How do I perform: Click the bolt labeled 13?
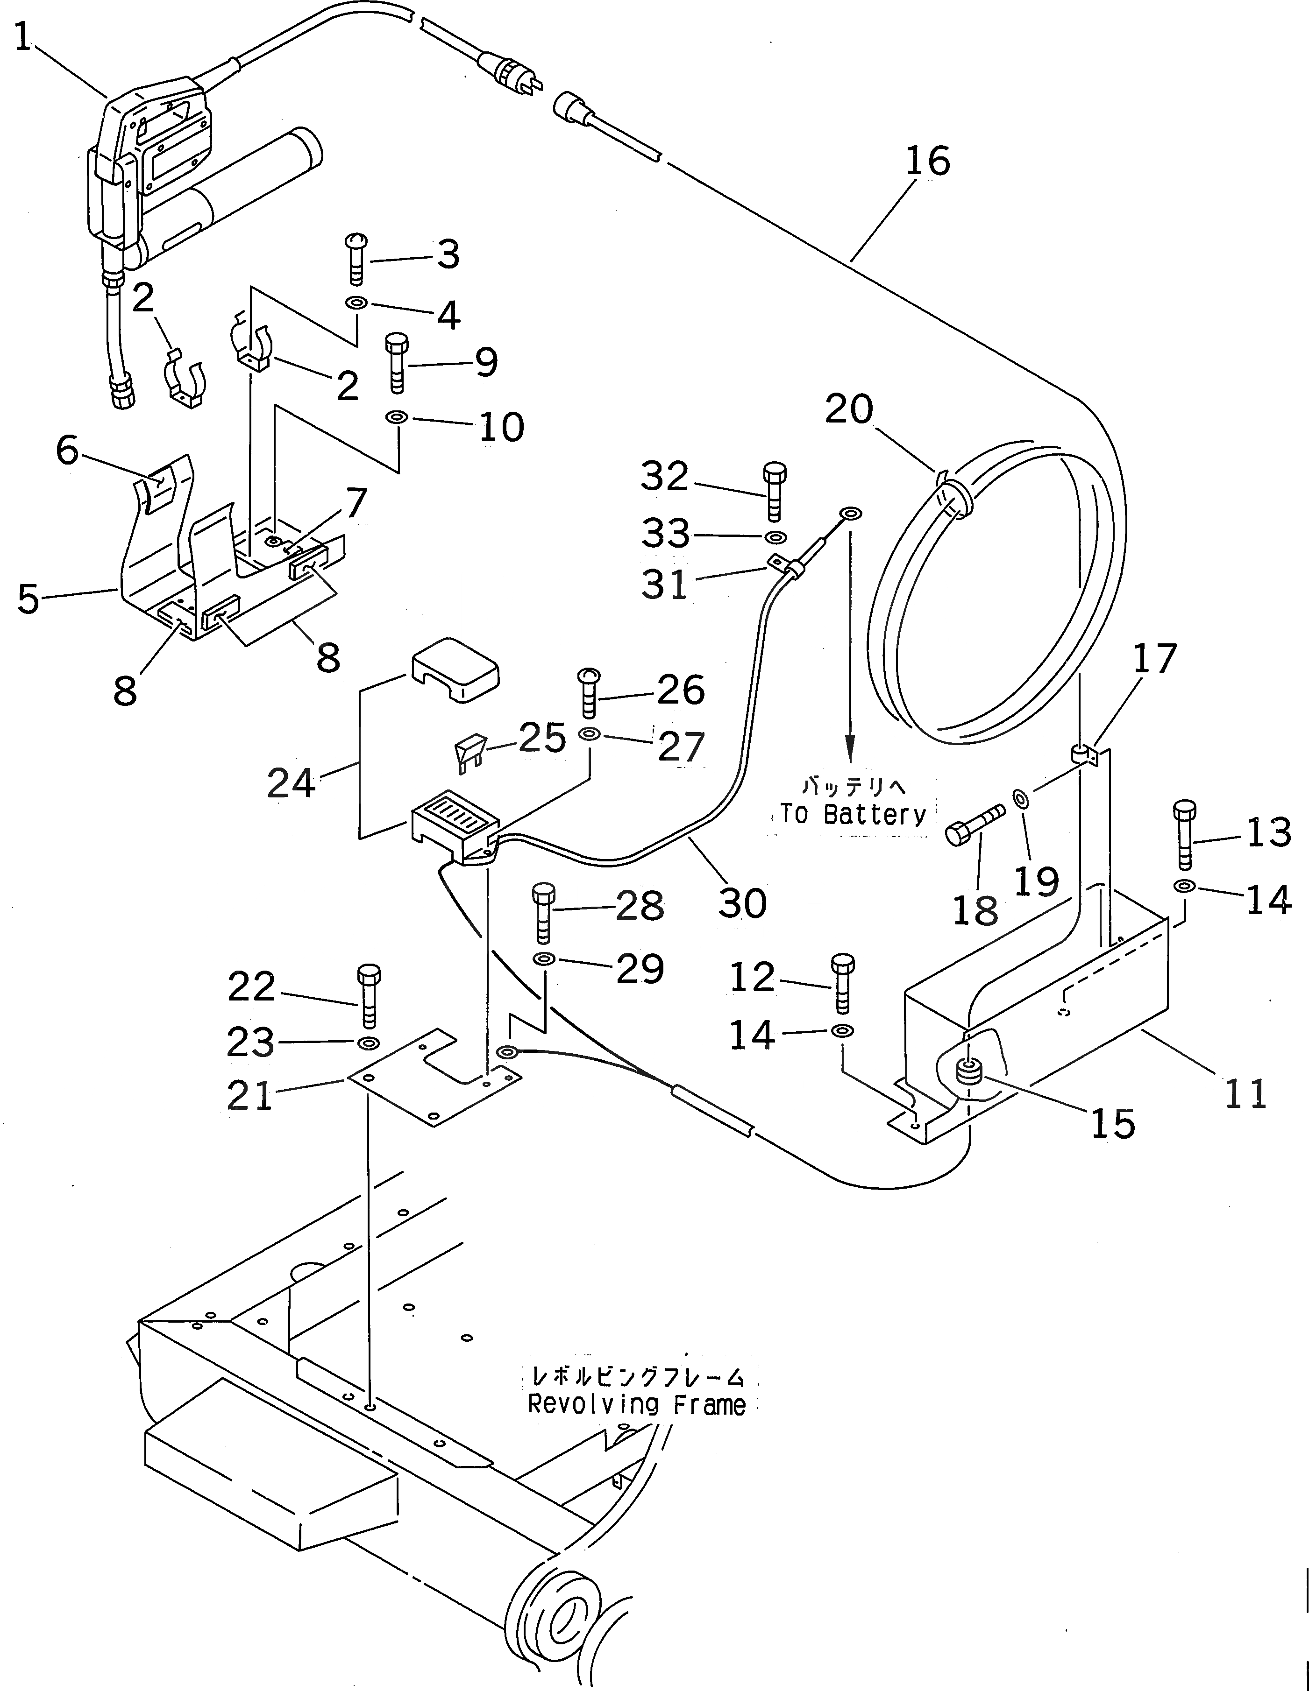1184,835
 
